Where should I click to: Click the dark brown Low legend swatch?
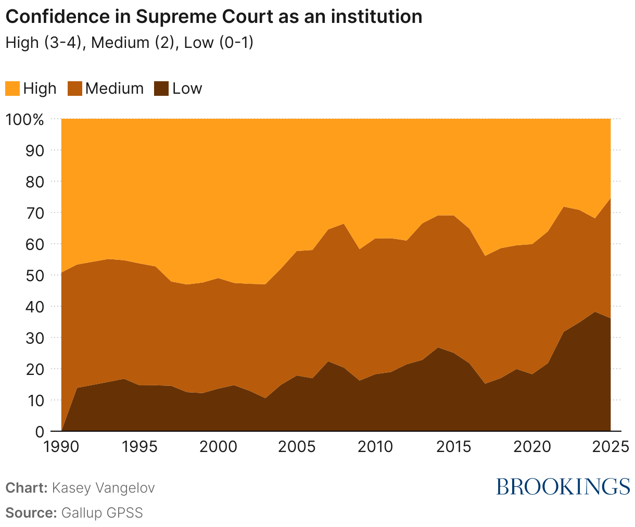[x=162, y=89]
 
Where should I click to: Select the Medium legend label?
[x=115, y=89]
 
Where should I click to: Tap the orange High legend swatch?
[x=12, y=89]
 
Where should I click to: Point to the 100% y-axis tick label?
[x=25, y=119]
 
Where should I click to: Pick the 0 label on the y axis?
[x=39, y=432]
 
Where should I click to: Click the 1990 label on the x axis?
[x=61, y=447]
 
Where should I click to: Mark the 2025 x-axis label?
[x=609, y=447]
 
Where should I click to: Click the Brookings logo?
[x=563, y=486]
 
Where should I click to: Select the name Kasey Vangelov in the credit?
[x=104, y=488]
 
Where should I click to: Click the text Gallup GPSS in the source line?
[x=101, y=512]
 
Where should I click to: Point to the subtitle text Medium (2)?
[x=134, y=42]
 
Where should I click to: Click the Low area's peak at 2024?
[x=594, y=312]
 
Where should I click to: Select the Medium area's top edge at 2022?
[x=563, y=207]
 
